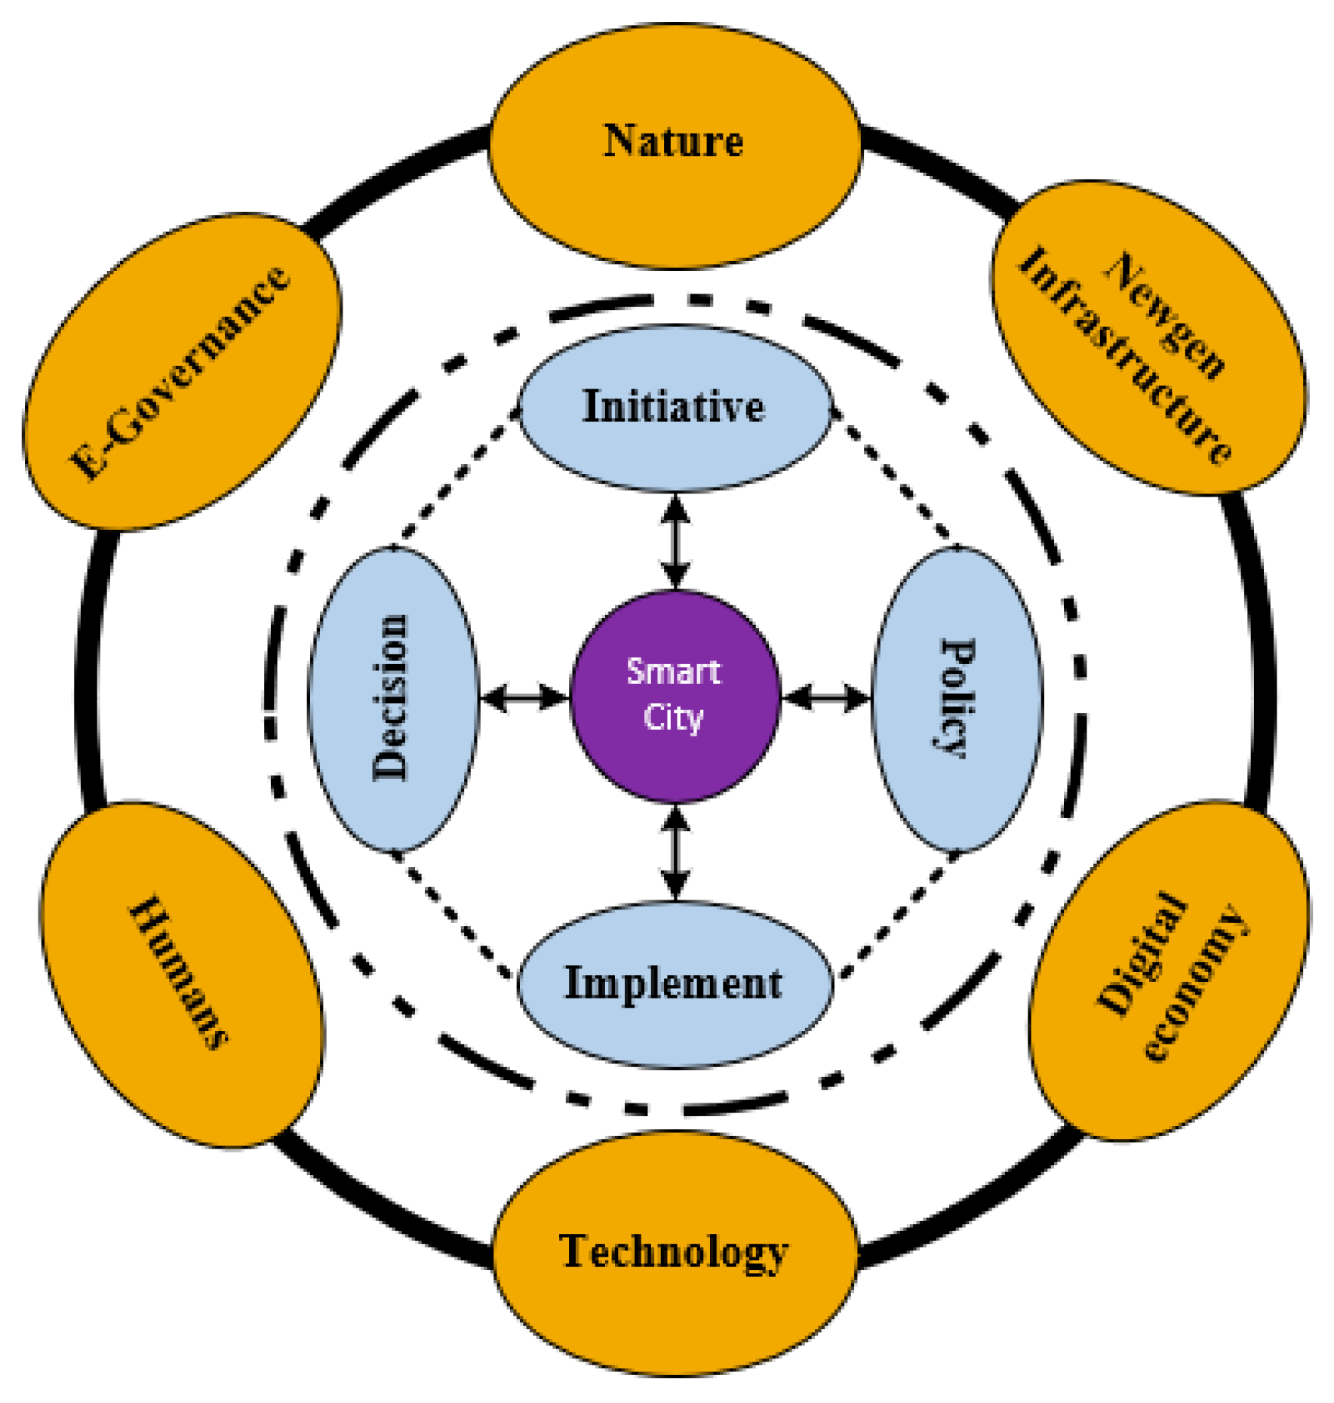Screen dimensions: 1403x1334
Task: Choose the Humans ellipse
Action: [x=181, y=974]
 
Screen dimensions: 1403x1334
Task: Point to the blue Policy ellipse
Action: [x=957, y=698]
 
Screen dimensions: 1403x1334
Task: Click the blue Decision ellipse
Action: [x=392, y=698]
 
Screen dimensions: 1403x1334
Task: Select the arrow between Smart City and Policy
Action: [x=826, y=697]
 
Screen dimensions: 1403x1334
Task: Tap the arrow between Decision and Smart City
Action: [x=524, y=697]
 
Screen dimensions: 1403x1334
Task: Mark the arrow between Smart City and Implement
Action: [x=675, y=852]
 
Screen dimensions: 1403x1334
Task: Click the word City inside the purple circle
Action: [x=673, y=717]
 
